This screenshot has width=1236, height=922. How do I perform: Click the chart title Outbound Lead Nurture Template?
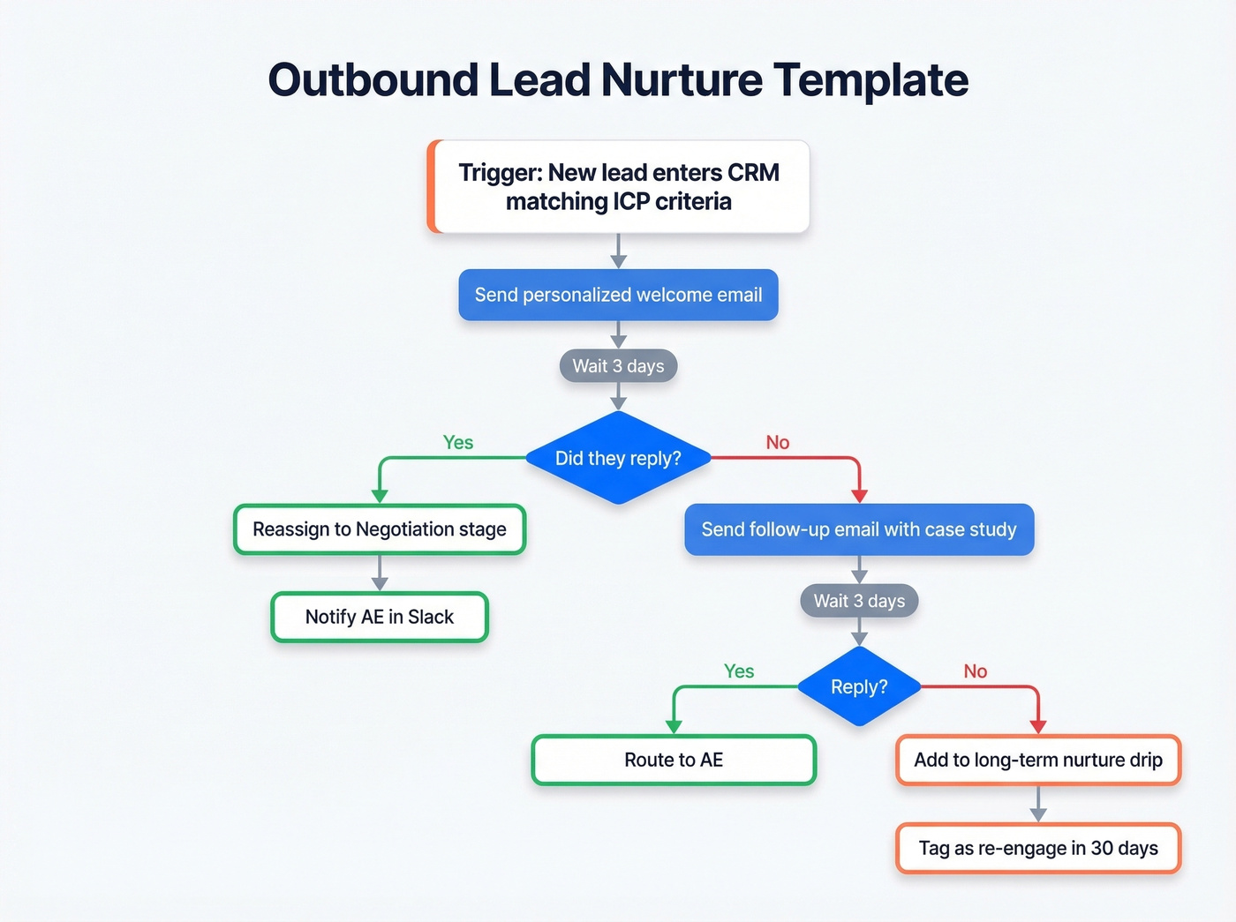click(618, 80)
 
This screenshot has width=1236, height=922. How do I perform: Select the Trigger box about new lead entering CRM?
click(618, 187)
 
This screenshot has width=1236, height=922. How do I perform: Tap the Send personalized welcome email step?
click(618, 295)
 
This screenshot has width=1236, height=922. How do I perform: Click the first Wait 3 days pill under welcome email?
click(618, 366)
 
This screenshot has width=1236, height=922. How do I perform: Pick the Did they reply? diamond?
click(618, 458)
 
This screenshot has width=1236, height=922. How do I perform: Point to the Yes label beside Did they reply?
click(457, 442)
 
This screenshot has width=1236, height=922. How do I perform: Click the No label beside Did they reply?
click(777, 442)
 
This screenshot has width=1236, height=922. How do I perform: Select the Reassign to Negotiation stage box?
click(380, 529)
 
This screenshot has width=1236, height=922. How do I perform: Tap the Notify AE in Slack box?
click(380, 617)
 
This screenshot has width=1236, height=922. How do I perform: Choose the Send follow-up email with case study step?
click(859, 529)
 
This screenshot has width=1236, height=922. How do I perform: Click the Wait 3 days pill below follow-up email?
click(859, 601)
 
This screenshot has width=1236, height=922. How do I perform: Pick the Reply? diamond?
click(859, 686)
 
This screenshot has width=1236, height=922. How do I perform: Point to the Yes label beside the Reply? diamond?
click(738, 671)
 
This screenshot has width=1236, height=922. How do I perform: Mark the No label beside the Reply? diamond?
click(975, 671)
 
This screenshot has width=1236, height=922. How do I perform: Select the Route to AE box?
click(674, 760)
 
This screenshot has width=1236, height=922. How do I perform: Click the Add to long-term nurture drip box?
click(1038, 760)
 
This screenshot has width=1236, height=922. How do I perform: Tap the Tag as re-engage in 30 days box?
click(1038, 848)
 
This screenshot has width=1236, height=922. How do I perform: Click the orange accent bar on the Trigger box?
click(432, 187)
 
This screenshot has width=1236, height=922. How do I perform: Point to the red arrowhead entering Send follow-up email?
click(859, 496)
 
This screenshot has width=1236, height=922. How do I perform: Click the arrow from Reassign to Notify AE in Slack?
click(380, 573)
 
